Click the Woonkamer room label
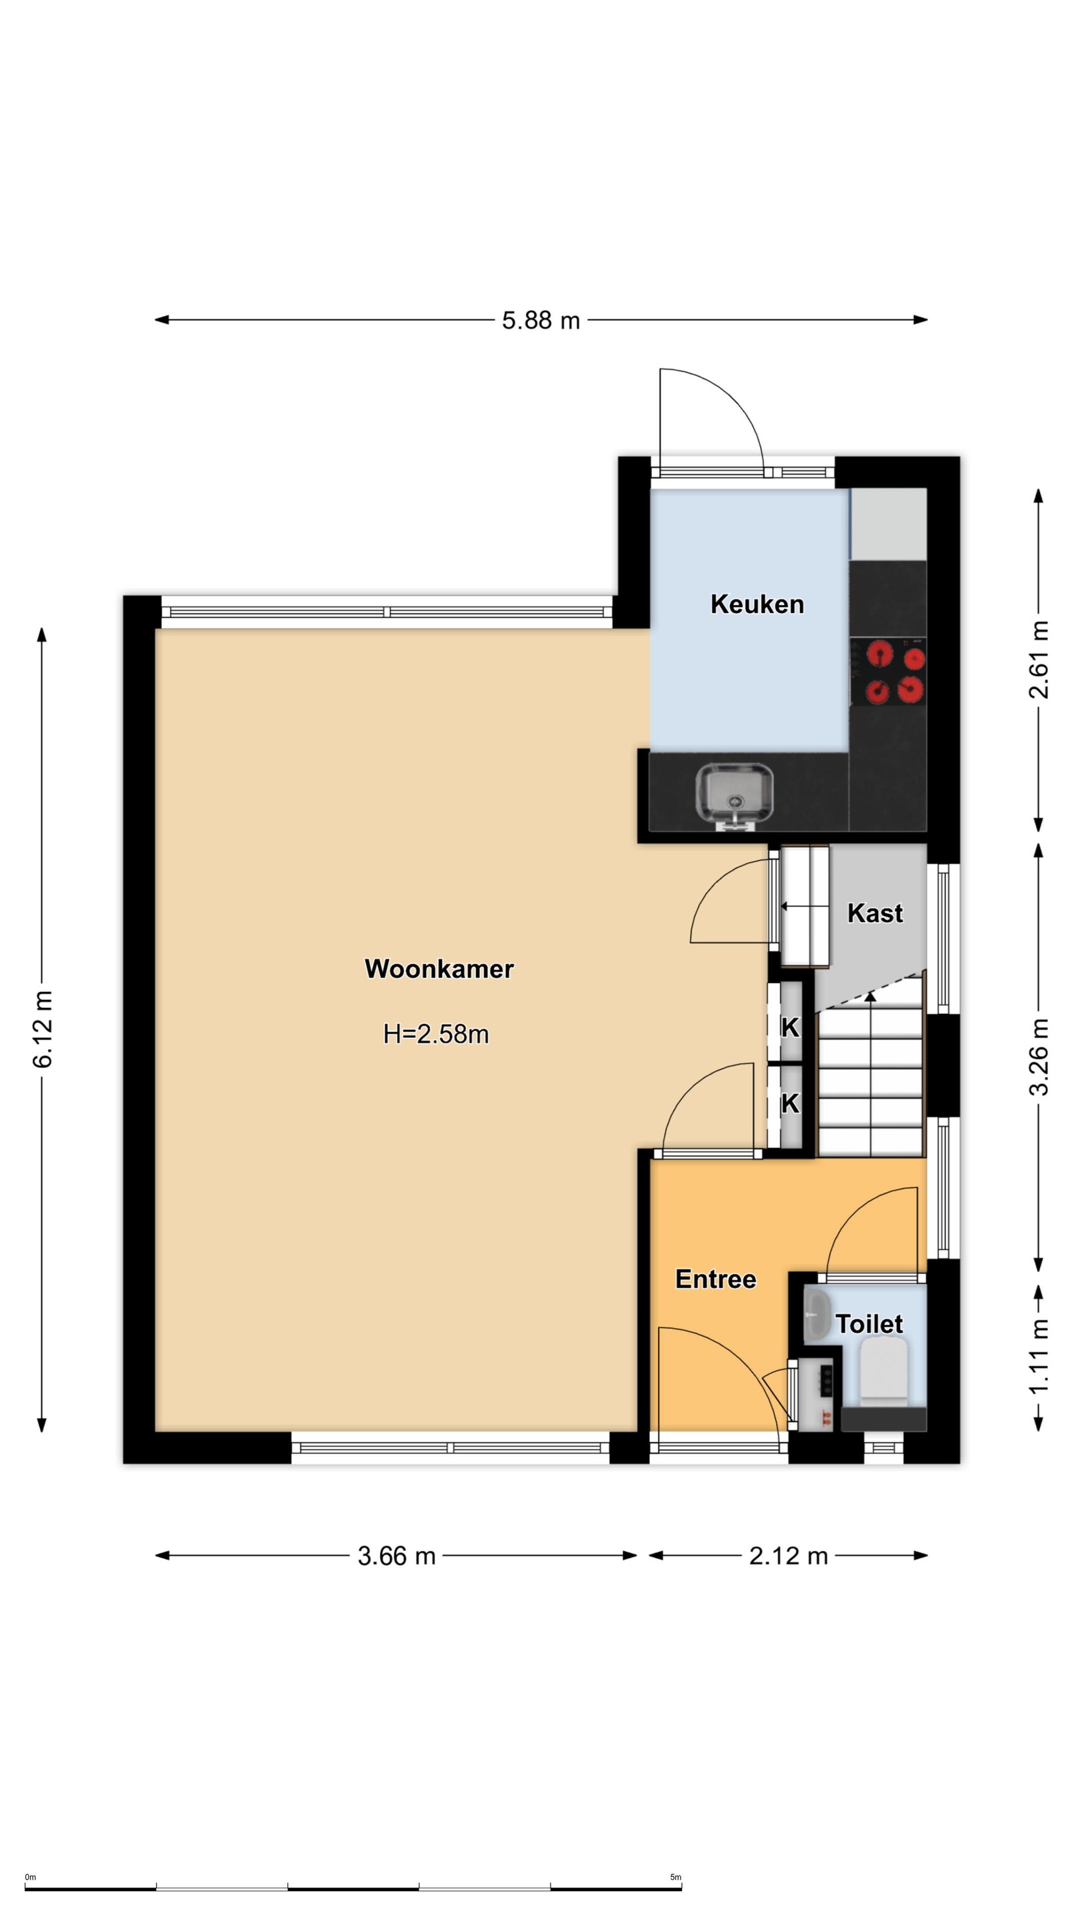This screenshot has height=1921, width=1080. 439,969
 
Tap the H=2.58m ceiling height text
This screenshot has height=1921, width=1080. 436,1035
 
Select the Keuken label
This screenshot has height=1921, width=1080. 757,604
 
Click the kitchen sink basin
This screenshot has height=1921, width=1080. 734,795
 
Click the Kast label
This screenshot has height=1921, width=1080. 875,914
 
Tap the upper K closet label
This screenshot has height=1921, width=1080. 790,1028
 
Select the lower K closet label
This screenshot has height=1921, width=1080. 790,1103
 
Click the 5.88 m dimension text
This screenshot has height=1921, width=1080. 541,321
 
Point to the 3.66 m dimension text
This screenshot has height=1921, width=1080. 397,1555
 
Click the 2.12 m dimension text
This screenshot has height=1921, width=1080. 789,1555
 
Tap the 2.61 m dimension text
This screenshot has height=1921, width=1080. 1039,659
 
